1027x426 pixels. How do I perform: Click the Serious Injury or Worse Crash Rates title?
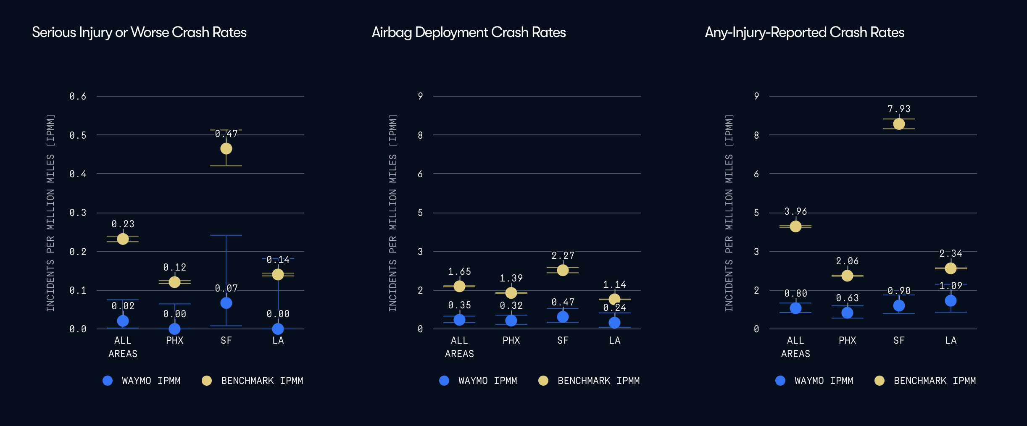[139, 32]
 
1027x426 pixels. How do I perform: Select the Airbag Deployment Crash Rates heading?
[469, 32]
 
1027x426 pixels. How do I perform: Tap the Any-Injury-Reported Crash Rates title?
[804, 32]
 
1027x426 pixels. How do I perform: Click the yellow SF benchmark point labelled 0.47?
[226, 149]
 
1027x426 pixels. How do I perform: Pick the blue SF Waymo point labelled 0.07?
[226, 303]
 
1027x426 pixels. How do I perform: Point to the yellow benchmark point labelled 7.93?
[899, 124]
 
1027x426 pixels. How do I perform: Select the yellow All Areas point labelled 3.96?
[795, 226]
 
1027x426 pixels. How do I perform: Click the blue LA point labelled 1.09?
[951, 301]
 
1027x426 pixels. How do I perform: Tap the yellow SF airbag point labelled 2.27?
[563, 270]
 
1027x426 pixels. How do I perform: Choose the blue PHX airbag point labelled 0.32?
[511, 321]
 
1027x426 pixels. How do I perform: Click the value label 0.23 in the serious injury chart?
[123, 224]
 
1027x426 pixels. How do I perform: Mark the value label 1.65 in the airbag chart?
[459, 272]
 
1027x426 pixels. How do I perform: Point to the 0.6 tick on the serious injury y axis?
[78, 97]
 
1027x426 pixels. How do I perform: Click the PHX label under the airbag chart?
[511, 340]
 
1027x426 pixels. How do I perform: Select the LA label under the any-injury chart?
[951, 340]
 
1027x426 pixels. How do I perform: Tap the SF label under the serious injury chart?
[226, 340]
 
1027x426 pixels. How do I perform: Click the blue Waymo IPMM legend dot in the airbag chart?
[444, 381]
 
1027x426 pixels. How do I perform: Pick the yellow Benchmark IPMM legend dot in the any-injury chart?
[879, 381]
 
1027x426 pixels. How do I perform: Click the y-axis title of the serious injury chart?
[50, 213]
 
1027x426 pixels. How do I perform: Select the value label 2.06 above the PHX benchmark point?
[847, 261]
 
